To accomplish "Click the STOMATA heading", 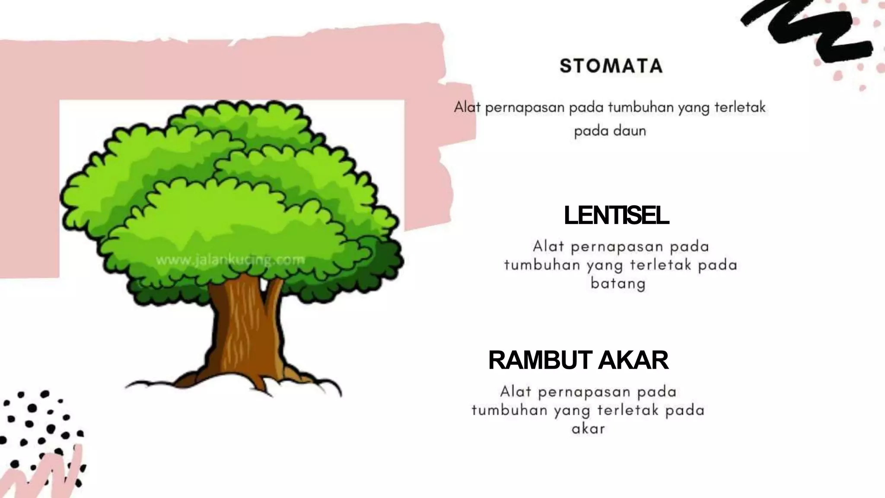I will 611,66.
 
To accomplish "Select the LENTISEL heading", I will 617,215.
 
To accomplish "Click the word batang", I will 618,284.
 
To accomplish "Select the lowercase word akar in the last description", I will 588,429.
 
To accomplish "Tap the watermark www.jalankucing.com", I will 230,260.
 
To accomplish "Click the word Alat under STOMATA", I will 467,107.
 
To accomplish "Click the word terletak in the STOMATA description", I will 740,107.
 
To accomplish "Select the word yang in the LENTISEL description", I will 604,265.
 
